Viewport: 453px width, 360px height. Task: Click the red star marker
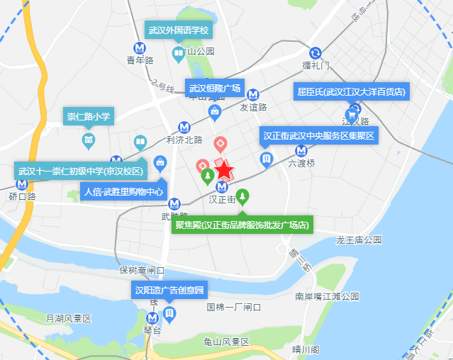[224, 170]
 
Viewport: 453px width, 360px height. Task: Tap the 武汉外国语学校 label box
[179, 31]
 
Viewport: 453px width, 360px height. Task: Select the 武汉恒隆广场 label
[214, 89]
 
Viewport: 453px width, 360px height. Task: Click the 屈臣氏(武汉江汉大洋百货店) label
[351, 91]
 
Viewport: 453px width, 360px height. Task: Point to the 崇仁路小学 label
[89, 116]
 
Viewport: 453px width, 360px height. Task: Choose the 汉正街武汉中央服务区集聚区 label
[318, 135]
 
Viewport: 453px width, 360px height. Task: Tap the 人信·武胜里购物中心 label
[124, 191]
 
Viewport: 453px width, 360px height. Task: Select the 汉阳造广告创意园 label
[169, 290]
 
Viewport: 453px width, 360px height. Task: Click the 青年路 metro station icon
[140, 48]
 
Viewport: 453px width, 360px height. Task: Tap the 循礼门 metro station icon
[315, 52]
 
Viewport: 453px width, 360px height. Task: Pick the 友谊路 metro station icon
[252, 94]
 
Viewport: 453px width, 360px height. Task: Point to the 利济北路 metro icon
[184, 127]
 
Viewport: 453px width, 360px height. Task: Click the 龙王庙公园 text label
[359, 240]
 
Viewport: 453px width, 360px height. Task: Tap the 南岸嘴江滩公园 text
[328, 296]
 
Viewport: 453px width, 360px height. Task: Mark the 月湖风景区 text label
[69, 319]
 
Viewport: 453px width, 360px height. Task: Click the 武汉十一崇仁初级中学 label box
[81, 171]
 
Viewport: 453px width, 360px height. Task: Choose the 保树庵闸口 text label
[142, 271]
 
